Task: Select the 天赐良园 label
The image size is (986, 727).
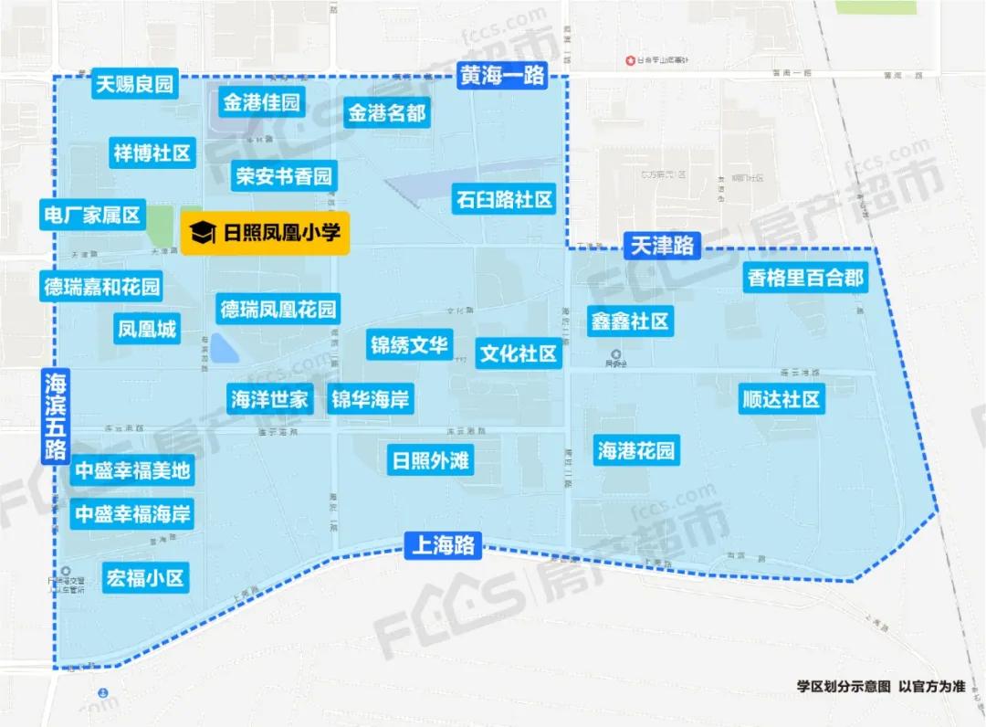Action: point(134,86)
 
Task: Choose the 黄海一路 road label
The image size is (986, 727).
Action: point(502,76)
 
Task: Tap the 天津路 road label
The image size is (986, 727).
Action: point(662,246)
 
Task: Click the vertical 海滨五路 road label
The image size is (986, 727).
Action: point(56,415)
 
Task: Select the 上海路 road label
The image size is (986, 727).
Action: point(443,546)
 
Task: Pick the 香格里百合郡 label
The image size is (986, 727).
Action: point(805,279)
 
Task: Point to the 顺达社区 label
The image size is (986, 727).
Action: point(781,399)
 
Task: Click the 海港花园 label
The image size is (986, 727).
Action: point(636,450)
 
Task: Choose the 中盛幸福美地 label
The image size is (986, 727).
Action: point(132,471)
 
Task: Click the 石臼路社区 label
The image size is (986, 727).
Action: point(504,199)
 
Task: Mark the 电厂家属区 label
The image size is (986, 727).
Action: point(92,216)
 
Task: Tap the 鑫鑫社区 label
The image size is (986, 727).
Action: point(629,321)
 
